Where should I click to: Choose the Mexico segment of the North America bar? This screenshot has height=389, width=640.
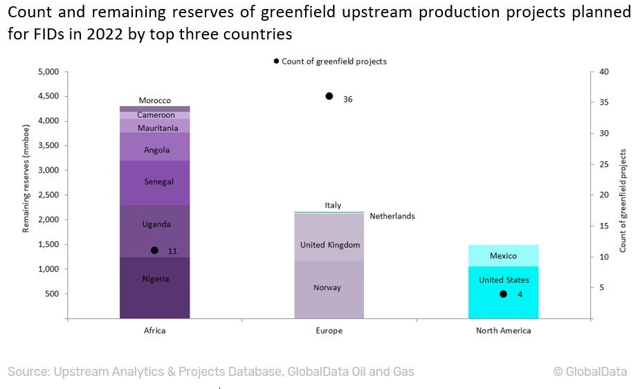pos(503,255)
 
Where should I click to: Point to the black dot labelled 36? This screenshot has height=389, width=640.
pos(329,96)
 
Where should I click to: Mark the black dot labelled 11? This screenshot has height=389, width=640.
pos(154,251)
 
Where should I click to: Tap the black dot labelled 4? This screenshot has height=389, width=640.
pos(503,294)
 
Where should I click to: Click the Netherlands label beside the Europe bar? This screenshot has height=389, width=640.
pos(392,217)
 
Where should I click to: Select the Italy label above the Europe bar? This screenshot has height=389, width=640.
pos(333,206)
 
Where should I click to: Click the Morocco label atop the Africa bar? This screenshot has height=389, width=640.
pos(154,101)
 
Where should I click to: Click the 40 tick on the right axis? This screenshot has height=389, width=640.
pos(603,72)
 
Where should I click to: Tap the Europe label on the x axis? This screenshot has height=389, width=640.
pos(329,331)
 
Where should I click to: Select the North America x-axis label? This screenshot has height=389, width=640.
pos(503,331)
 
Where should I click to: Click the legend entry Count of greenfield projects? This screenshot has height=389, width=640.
pos(333,62)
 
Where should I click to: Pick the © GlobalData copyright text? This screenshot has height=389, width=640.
pos(589,372)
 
